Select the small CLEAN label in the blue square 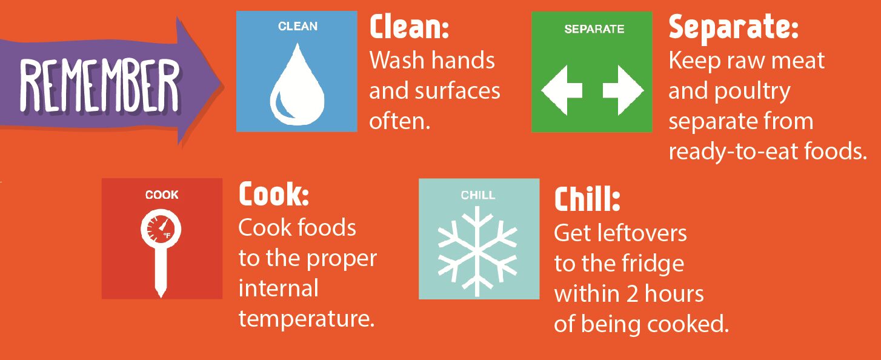pos(298,27)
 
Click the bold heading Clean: pos(409,27)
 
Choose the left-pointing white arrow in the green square pos(562,92)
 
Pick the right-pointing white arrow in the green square pos(622,92)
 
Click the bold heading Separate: pos(733,27)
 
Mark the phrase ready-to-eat pos(737,152)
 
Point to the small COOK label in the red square pos(162,195)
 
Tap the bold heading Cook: pos(274,195)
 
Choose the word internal pos(278,288)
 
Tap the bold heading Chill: pos(587,201)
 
